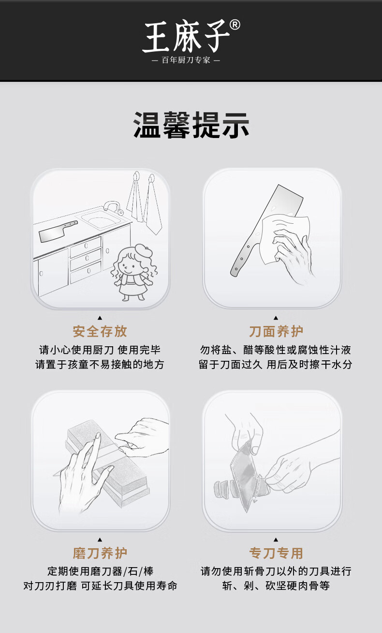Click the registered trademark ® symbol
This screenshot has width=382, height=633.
235,25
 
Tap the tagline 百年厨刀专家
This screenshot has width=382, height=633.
186,60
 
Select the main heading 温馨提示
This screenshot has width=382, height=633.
191,124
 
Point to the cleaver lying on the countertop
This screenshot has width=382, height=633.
58,232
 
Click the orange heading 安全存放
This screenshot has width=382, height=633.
100,331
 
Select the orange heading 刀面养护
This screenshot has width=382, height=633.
276,331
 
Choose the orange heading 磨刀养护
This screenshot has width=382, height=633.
100,553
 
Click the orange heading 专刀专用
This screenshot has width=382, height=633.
276,553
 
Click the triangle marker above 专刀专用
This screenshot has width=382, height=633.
276,540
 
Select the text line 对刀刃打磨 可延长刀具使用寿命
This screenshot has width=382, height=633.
100,586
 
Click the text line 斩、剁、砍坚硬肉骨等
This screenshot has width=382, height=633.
276,586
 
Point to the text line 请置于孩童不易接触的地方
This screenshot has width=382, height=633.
100,364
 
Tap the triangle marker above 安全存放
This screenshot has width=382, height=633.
100,318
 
